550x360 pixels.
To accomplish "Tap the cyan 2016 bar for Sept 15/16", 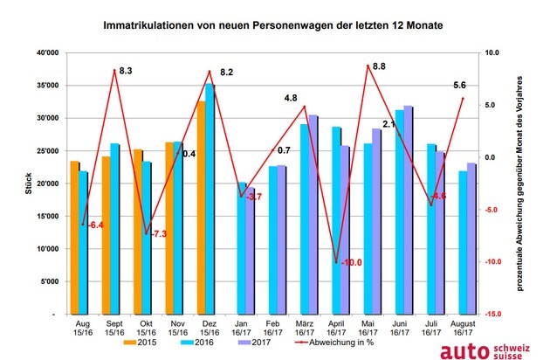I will point(115,228).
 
